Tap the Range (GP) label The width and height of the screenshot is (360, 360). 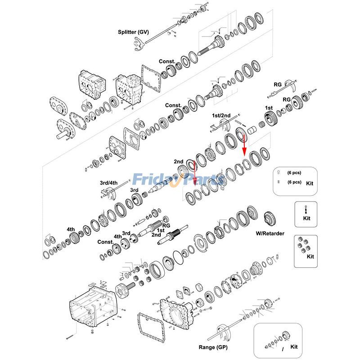point(213,347)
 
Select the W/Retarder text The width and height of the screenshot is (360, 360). point(270,233)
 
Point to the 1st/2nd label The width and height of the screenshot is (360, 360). point(221,116)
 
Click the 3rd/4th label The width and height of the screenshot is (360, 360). point(108,183)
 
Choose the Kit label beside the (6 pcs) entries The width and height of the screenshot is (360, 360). point(310,184)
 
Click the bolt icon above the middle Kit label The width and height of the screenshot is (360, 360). point(306,209)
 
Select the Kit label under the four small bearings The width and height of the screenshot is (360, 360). point(310,256)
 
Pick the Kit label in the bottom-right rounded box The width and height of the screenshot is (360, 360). point(294,347)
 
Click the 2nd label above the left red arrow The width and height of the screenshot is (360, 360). point(179,161)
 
